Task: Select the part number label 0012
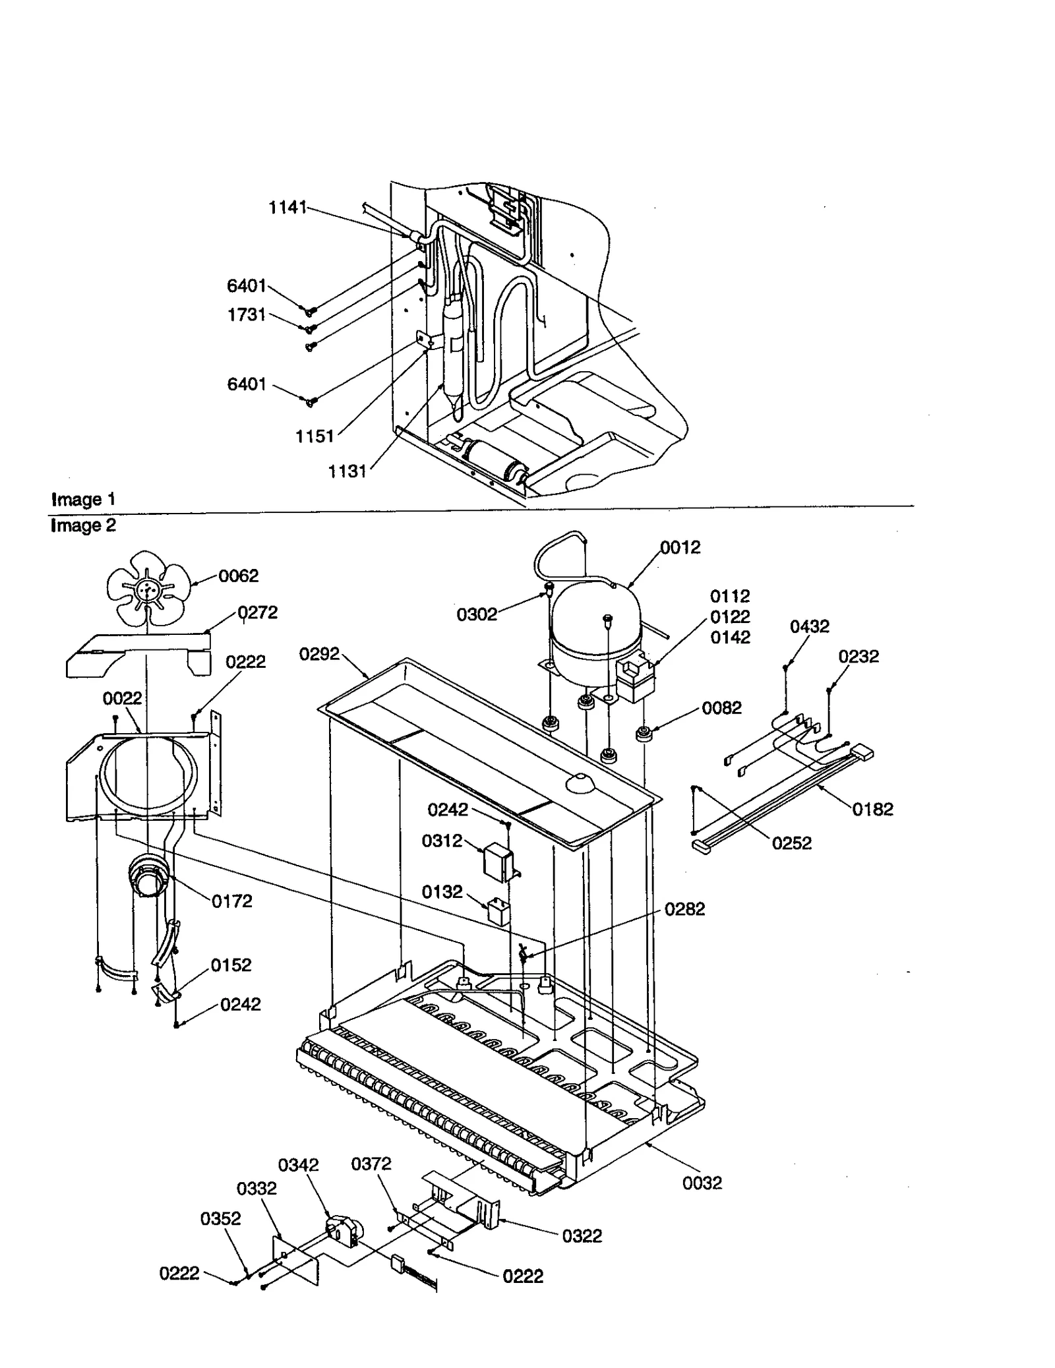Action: (680, 547)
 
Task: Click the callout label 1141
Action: (287, 208)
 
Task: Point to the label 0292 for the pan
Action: (319, 654)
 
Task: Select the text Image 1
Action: (83, 499)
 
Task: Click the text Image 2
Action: (83, 525)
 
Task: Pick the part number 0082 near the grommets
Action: (721, 708)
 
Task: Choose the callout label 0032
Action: (702, 1183)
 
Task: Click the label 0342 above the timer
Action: (298, 1165)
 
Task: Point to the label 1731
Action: (246, 315)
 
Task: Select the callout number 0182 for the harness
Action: (872, 809)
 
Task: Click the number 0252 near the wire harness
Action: (791, 843)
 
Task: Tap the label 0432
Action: (809, 626)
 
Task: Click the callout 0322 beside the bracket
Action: (582, 1235)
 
